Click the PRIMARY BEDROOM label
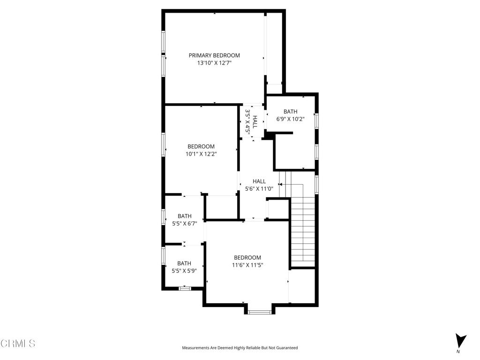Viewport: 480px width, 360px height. [214, 55]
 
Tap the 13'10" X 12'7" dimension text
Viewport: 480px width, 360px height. [214, 63]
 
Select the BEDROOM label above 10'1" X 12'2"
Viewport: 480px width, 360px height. [201, 146]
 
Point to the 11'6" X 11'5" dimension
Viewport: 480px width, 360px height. [247, 265]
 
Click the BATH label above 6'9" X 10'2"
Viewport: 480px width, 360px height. [290, 112]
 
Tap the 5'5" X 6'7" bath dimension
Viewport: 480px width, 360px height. [184, 224]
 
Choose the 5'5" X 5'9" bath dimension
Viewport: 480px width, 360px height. [184, 270]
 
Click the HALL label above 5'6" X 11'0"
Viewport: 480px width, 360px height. [259, 181]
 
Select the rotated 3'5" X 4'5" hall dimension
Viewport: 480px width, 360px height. [248, 121]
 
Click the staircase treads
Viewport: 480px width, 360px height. [303, 230]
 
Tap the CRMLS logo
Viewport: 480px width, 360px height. [18, 344]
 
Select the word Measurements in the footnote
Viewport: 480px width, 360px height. [195, 348]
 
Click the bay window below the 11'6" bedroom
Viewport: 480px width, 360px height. [259, 312]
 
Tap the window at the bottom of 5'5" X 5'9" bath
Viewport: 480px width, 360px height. [185, 288]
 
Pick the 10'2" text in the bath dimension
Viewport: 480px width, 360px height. [298, 119]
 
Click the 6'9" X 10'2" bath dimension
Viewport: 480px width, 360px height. [290, 119]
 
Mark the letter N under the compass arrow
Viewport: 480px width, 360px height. [458, 352]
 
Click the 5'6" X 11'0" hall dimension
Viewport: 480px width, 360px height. [259, 189]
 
